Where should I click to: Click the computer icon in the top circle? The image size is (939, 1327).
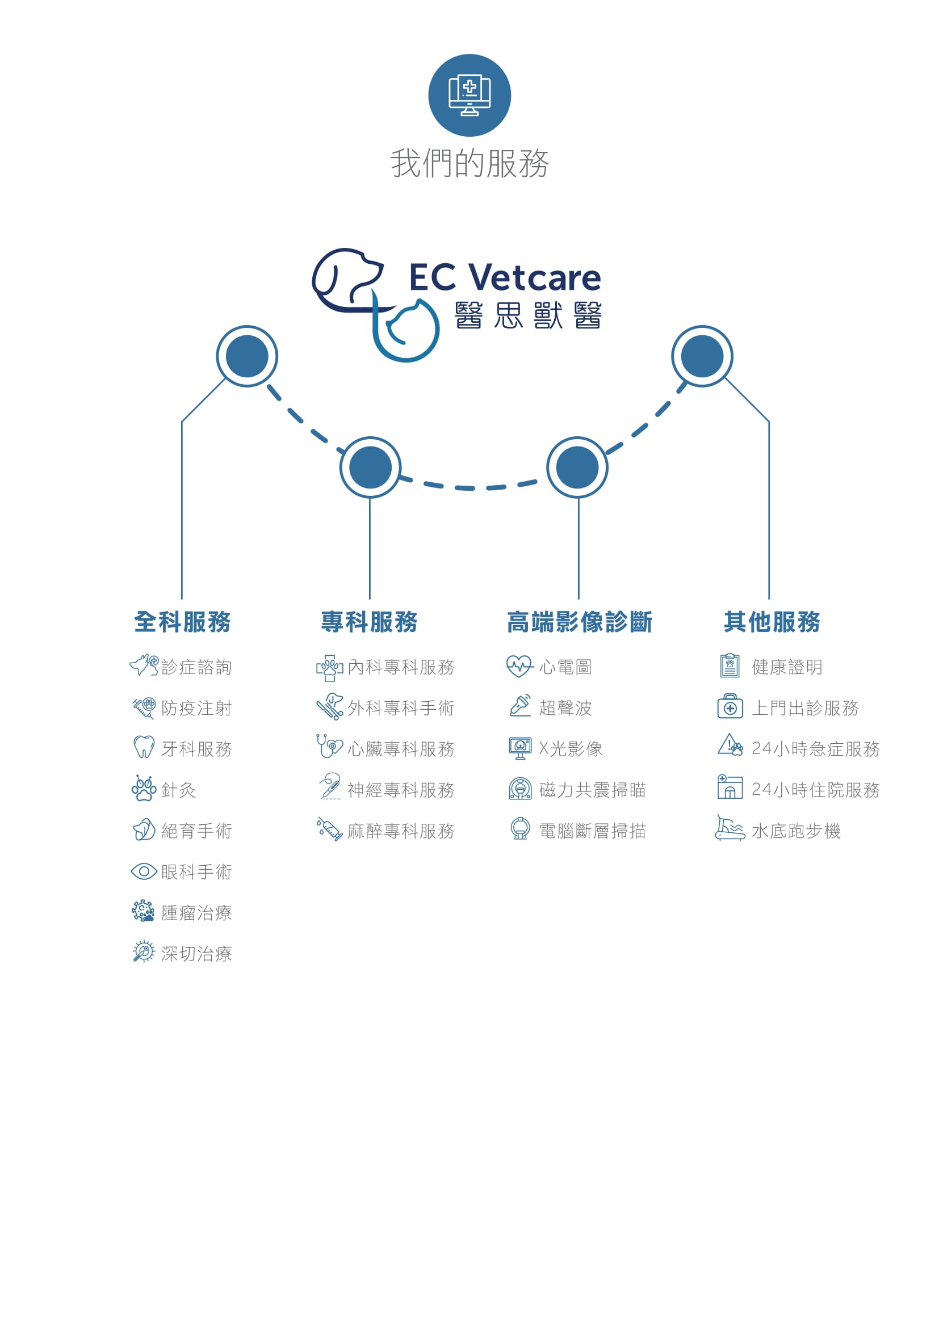click(x=469, y=95)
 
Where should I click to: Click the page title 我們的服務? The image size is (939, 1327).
click(x=469, y=163)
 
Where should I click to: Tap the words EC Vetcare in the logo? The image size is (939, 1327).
click(x=505, y=278)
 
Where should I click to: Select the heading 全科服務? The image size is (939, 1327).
click(x=182, y=622)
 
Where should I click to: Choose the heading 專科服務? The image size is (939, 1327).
click(x=369, y=622)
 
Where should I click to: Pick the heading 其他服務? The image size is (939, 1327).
click(x=772, y=622)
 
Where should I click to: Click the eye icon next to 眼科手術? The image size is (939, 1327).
click(x=144, y=871)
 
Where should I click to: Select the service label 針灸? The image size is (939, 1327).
click(x=178, y=790)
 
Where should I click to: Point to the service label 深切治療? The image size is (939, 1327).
click(x=196, y=954)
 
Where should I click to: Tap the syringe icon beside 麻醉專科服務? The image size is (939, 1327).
click(x=330, y=829)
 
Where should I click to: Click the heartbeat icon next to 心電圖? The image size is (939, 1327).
click(x=519, y=666)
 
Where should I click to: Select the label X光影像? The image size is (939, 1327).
click(x=570, y=749)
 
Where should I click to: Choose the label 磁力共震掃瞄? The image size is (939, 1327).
click(x=592, y=790)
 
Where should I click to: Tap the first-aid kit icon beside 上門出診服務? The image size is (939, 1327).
click(x=730, y=706)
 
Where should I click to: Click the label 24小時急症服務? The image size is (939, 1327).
click(x=815, y=749)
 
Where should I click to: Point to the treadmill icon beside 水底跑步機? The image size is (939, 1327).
click(x=730, y=829)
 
